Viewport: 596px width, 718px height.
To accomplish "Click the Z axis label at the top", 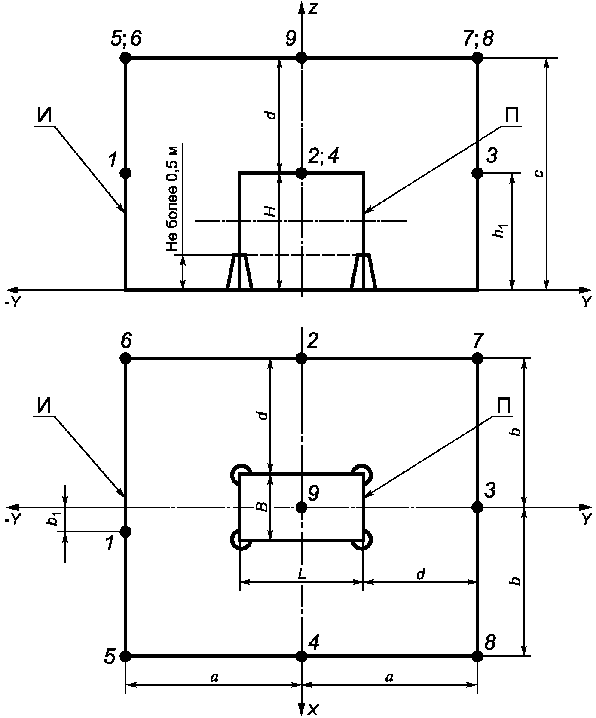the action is coord(313,9).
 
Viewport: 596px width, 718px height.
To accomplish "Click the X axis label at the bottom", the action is coord(313,710).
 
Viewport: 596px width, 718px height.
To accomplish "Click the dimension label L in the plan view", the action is coord(302,574).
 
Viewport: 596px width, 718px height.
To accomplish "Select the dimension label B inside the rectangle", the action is coord(261,507).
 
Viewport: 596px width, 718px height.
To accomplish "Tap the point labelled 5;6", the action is coord(125,58).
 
